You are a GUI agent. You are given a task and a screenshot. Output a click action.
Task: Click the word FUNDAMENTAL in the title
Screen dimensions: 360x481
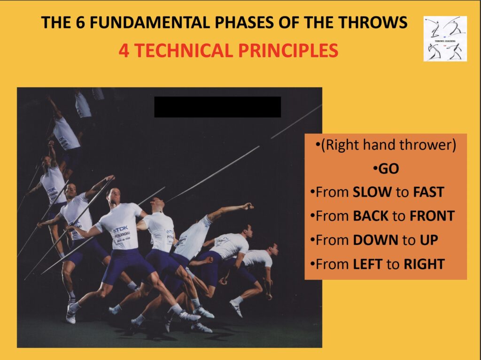tap(157, 23)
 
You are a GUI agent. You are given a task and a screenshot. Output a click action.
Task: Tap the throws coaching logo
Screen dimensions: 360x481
tap(445, 38)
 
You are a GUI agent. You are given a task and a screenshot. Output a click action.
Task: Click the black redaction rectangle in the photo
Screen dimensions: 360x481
tap(217, 107)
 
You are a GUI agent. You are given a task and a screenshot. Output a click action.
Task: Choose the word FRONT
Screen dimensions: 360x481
tap(432, 216)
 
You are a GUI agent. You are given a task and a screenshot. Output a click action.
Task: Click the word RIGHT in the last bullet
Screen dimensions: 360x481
tap(424, 264)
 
